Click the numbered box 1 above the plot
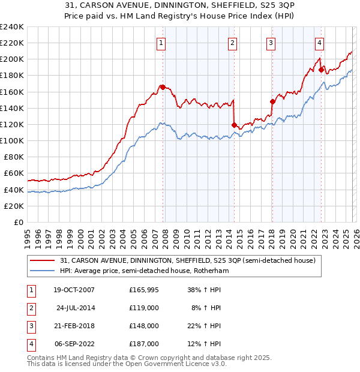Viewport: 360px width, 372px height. click(162, 43)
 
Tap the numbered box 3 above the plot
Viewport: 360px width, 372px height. click(271, 43)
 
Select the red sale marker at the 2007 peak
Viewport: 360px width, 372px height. click(163, 87)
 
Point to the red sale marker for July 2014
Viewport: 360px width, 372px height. click(234, 125)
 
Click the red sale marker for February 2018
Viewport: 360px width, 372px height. click(272, 101)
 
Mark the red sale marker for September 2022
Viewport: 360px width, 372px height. click(321, 70)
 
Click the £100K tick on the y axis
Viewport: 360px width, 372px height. click(12, 140)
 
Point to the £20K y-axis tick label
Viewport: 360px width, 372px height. click(14, 206)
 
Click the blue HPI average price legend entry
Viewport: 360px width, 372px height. click(144, 271)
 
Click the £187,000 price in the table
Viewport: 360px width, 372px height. click(144, 344)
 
